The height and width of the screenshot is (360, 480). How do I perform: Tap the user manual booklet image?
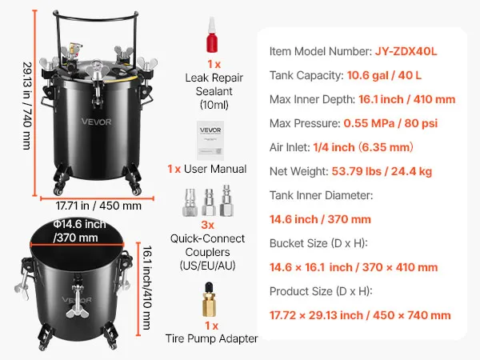click(x=210, y=141)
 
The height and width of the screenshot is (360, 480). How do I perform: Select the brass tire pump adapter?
click(x=210, y=300)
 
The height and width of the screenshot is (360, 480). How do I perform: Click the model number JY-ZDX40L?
click(x=406, y=51)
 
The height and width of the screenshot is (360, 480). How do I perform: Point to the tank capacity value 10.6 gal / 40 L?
click(x=384, y=75)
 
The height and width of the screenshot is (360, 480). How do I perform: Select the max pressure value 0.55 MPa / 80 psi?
click(x=390, y=123)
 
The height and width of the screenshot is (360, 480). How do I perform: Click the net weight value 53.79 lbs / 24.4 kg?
click(x=382, y=171)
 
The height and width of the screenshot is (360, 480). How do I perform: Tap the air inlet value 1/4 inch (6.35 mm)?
click(x=363, y=147)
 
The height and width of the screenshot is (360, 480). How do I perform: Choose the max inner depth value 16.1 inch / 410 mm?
click(x=407, y=99)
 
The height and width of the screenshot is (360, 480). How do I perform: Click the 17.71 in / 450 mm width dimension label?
click(x=98, y=206)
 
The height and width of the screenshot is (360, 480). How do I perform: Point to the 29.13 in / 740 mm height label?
click(x=27, y=106)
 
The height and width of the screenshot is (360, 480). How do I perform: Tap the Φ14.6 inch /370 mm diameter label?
click(x=79, y=231)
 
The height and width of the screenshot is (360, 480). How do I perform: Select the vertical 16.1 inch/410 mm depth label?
click(x=147, y=287)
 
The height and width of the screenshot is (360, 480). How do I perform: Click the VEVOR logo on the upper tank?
click(x=97, y=122)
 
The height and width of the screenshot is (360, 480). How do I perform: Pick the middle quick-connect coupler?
click(x=209, y=202)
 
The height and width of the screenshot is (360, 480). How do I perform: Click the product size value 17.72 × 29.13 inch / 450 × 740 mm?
click(x=360, y=315)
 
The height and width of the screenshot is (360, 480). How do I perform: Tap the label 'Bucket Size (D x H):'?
click(x=318, y=243)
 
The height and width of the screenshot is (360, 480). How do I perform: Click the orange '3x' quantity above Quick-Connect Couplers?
click(x=207, y=225)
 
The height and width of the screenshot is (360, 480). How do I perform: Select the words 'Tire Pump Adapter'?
click(x=211, y=338)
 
